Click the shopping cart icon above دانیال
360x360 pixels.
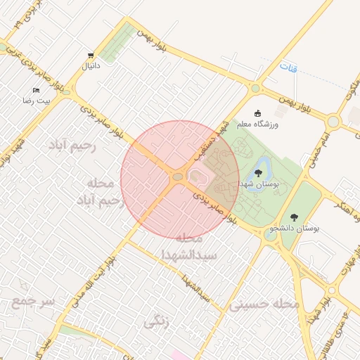pyautogui.click(x=91, y=56)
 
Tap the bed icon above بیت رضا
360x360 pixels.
pyautogui.click(x=37, y=91)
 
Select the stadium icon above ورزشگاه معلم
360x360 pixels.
pyautogui.click(x=258, y=112)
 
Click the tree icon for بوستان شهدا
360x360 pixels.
pyautogui.click(x=259, y=172)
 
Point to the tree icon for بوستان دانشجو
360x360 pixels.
pyautogui.click(x=293, y=217)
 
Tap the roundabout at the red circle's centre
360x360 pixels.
pyautogui.click(x=177, y=177)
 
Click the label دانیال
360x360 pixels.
pyautogui.click(x=92, y=66)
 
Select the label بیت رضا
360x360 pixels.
pyautogui.click(x=36, y=102)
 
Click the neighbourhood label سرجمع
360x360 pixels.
pyautogui.click(x=32, y=302)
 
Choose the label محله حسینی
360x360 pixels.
pyautogui.click(x=264, y=304)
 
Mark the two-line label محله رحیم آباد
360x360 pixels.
pyautogui.click(x=101, y=192)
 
